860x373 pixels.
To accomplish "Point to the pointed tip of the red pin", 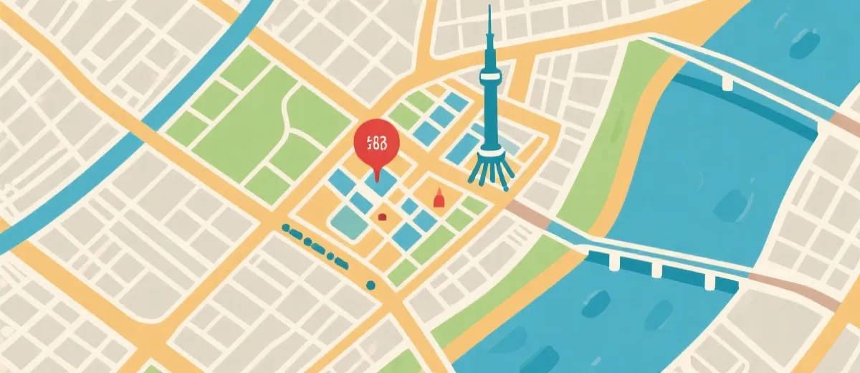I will coord(375,179).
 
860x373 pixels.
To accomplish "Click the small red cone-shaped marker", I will coord(439,198).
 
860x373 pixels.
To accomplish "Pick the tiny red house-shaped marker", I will coord(383,215).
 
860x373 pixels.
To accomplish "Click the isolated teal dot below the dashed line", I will coord(371,285).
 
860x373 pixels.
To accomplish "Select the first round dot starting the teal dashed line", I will coord(287,228).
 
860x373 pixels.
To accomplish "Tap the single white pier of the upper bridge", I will coord(727,85).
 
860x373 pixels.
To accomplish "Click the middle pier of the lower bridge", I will coord(657,269).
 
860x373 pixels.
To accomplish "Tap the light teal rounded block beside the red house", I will coord(349,223).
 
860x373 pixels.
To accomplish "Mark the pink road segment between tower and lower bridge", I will coord(529,213).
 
